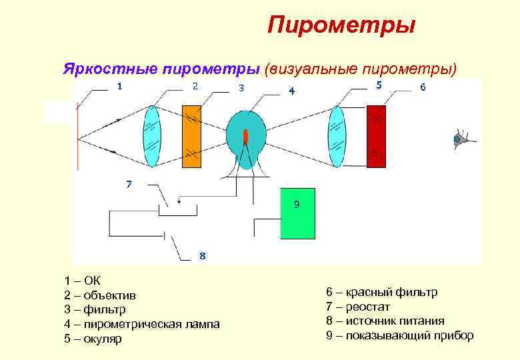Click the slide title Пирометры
pos(341,25)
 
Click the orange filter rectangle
pos(191,135)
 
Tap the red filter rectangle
pos(377,135)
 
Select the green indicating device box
pos(297,213)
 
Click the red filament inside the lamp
pos(246,137)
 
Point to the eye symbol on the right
pos(460,139)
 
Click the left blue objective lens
pos(153,137)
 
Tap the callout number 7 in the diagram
pos(129,185)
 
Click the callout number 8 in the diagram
pos(203,255)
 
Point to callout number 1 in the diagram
pos(120,86)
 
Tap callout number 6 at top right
pos(422,87)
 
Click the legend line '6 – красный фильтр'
pos(381,292)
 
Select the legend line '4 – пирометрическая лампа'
pos(141,324)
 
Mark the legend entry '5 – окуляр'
pos(93,339)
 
